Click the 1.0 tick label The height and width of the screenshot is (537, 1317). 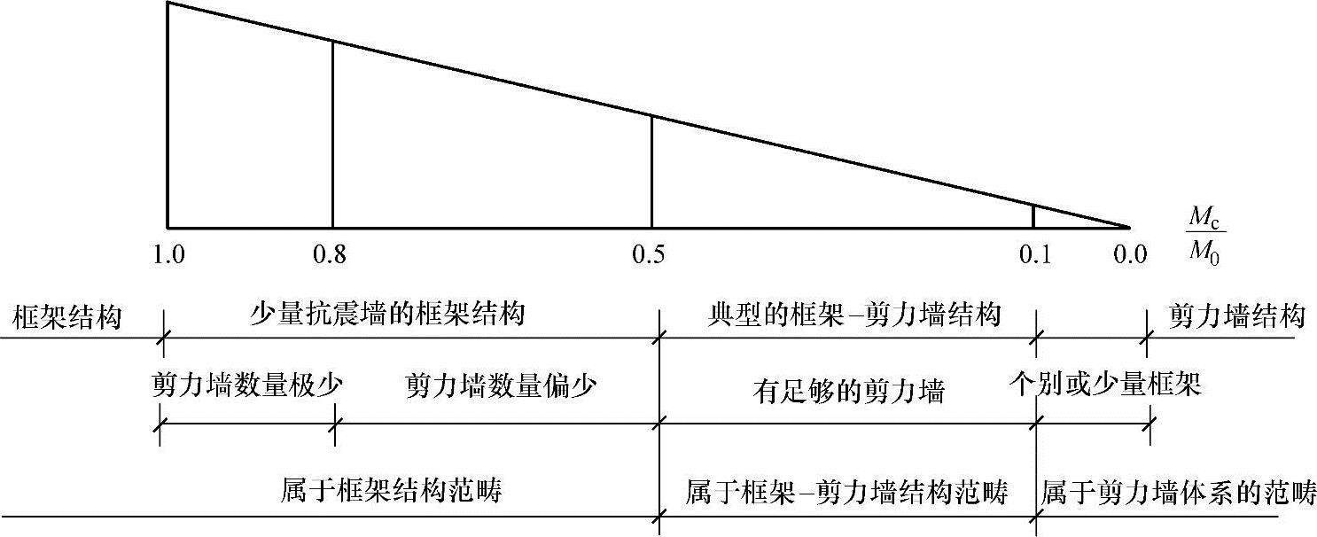pos(168,257)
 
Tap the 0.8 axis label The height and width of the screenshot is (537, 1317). pos(331,257)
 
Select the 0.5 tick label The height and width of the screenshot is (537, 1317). pos(651,257)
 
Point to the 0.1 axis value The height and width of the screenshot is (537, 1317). pos(1033,257)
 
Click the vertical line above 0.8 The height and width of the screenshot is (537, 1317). pos(332,133)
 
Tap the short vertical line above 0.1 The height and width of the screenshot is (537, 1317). pos(1033,216)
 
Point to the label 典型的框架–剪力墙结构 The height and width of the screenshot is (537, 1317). pos(854,315)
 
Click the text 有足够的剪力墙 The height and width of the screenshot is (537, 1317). pos(848,391)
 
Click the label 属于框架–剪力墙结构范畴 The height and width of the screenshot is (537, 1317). pos(847,492)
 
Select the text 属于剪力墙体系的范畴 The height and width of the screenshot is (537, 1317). pos(1179,492)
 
